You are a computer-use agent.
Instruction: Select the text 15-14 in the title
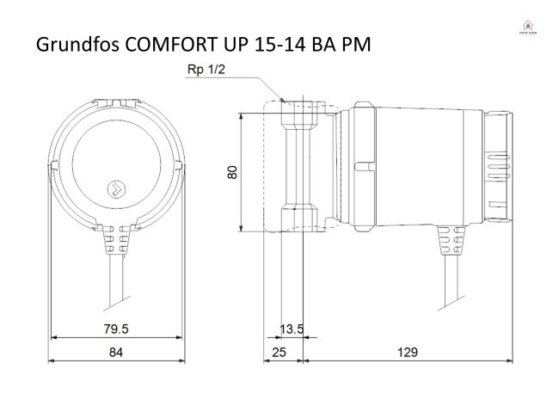pyautogui.click(x=282, y=46)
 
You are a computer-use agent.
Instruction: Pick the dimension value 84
pyautogui.click(x=116, y=352)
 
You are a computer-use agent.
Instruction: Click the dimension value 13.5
pyautogui.click(x=292, y=328)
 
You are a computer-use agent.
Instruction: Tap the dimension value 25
pyautogui.click(x=280, y=352)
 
